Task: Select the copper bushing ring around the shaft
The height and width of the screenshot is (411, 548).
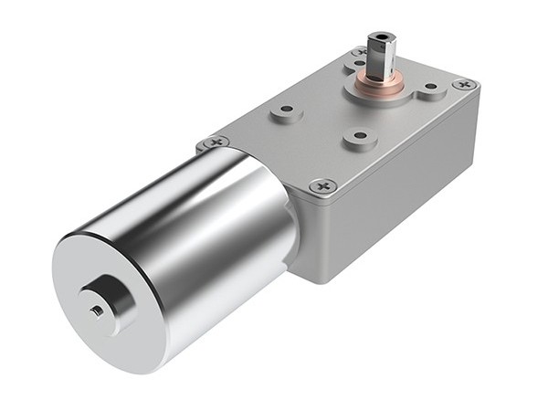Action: [379, 84]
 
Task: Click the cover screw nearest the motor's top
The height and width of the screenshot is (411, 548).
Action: [216, 142]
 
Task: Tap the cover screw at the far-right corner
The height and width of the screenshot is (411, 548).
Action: [465, 84]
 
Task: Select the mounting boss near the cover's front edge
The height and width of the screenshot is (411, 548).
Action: [358, 138]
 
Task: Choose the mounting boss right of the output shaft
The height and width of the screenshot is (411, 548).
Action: [430, 90]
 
